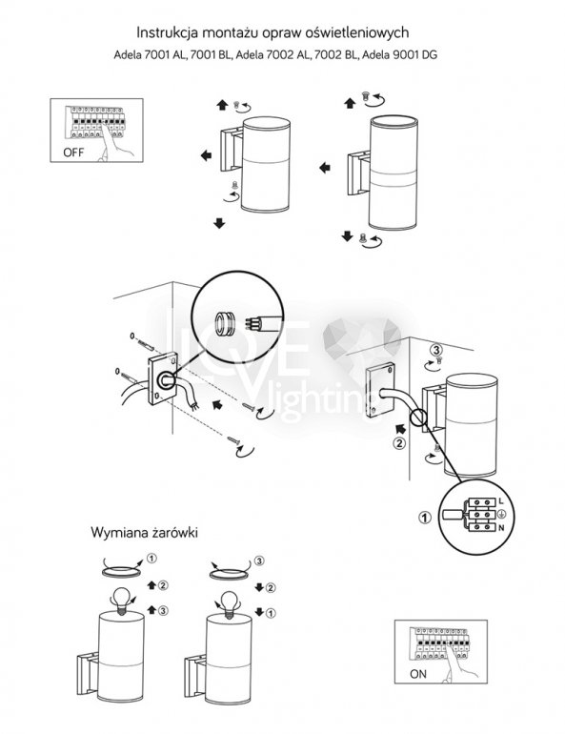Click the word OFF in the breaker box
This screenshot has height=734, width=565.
(73, 153)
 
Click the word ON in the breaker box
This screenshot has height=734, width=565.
(417, 674)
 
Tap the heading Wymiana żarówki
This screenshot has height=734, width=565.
(144, 533)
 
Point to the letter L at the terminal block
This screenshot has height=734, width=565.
(501, 500)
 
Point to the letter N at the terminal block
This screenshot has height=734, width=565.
(501, 528)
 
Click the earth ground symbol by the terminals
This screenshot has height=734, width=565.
(501, 515)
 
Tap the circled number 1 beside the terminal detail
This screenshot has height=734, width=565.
(425, 518)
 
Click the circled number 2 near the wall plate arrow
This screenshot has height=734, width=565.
(399, 443)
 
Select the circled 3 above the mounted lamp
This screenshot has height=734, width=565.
(436, 350)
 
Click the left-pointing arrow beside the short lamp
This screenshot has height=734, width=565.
(206, 155)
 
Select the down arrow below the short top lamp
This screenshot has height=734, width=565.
(219, 223)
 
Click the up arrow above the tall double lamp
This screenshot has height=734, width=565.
(350, 103)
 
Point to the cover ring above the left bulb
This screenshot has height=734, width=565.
(121, 572)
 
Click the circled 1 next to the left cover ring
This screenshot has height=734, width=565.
(151, 558)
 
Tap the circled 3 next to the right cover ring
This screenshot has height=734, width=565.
(258, 561)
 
